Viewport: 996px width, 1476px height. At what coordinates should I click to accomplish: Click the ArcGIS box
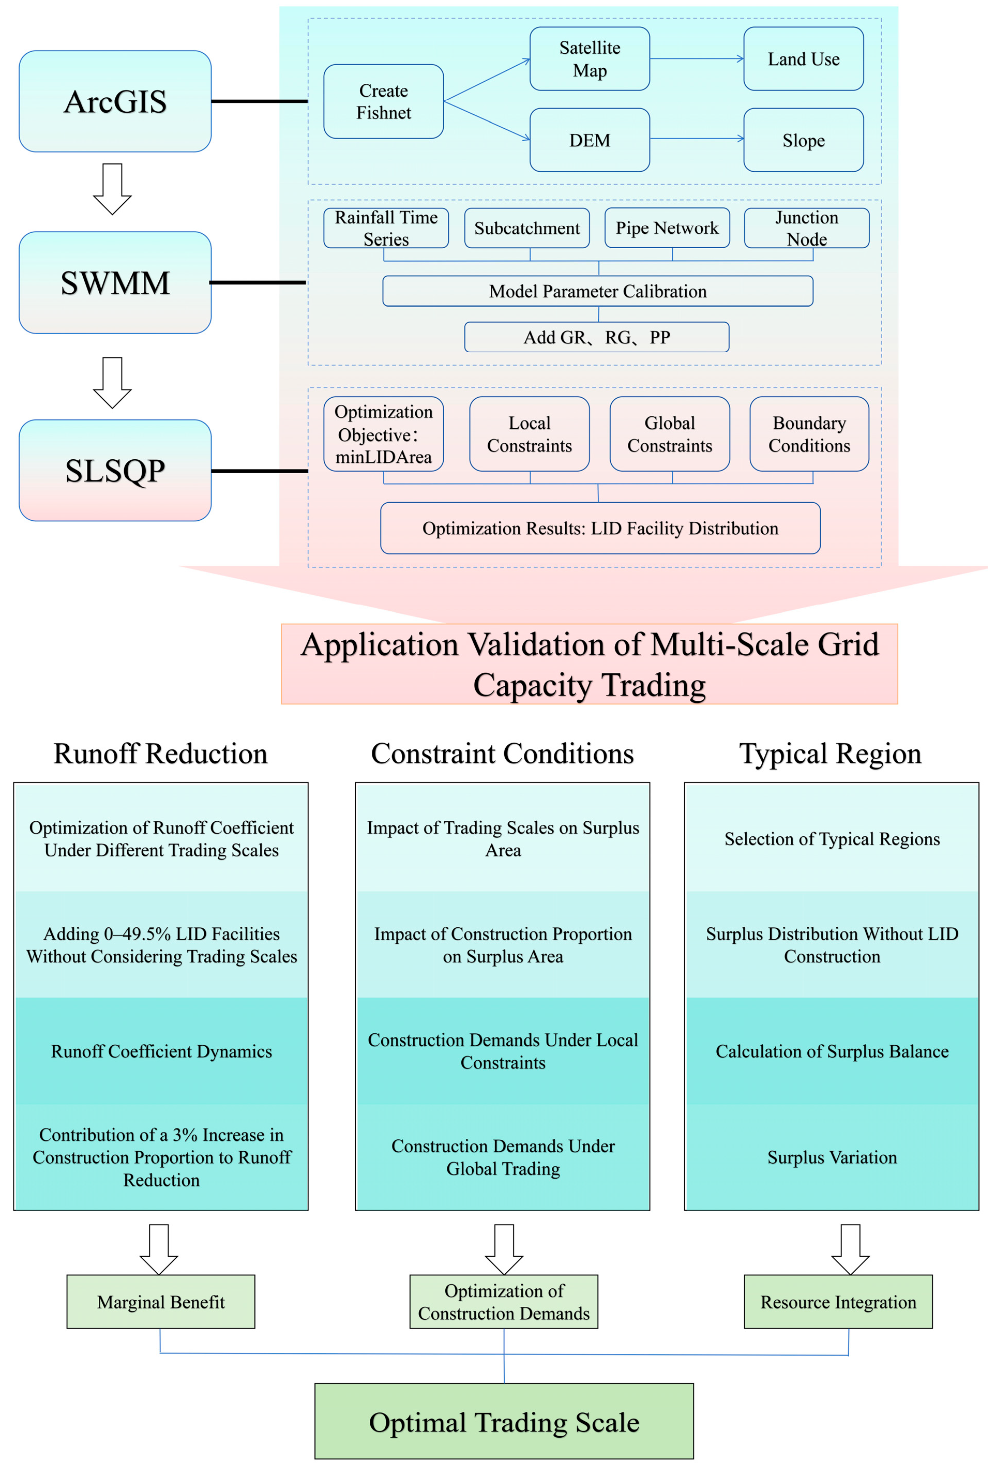click(115, 101)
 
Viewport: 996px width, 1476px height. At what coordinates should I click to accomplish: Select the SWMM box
click(115, 282)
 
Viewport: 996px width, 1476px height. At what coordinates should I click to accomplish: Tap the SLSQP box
click(115, 471)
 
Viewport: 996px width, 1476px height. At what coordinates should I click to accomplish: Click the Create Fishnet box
click(383, 101)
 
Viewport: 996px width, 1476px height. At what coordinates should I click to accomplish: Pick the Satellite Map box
click(590, 59)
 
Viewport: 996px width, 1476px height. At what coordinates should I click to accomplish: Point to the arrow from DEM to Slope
click(696, 139)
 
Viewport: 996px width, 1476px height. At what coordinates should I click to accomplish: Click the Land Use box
click(803, 59)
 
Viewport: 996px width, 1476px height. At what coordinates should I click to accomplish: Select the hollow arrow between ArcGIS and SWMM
click(112, 189)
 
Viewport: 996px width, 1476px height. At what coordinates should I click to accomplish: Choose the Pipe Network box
click(667, 228)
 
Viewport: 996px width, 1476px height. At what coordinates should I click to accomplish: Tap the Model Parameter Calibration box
click(597, 291)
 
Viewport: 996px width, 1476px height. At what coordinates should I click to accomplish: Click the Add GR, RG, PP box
click(596, 337)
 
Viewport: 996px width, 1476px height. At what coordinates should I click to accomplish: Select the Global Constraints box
click(670, 434)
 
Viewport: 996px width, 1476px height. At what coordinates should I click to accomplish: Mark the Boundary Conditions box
click(809, 434)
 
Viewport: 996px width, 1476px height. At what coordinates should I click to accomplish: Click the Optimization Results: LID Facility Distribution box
click(600, 529)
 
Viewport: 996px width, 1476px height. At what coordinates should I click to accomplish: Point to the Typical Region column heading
click(829, 754)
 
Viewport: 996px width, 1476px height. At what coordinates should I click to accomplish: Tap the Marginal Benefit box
click(161, 1302)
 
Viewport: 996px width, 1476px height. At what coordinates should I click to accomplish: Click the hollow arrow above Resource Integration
click(850, 1249)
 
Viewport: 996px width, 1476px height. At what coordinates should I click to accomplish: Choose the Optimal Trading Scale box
click(504, 1422)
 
